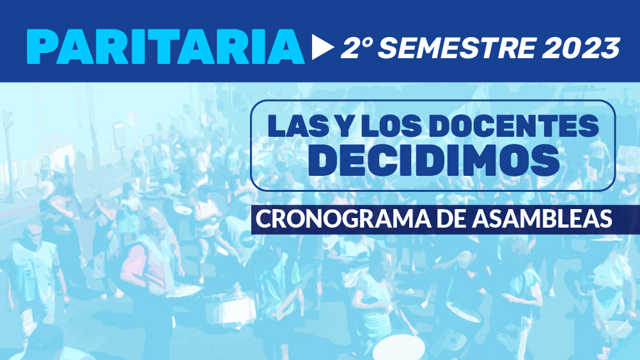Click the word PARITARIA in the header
point(166,47)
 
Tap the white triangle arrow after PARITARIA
point(322,47)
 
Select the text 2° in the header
point(357,47)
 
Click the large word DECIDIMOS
point(433,160)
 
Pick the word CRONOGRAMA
point(343,219)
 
